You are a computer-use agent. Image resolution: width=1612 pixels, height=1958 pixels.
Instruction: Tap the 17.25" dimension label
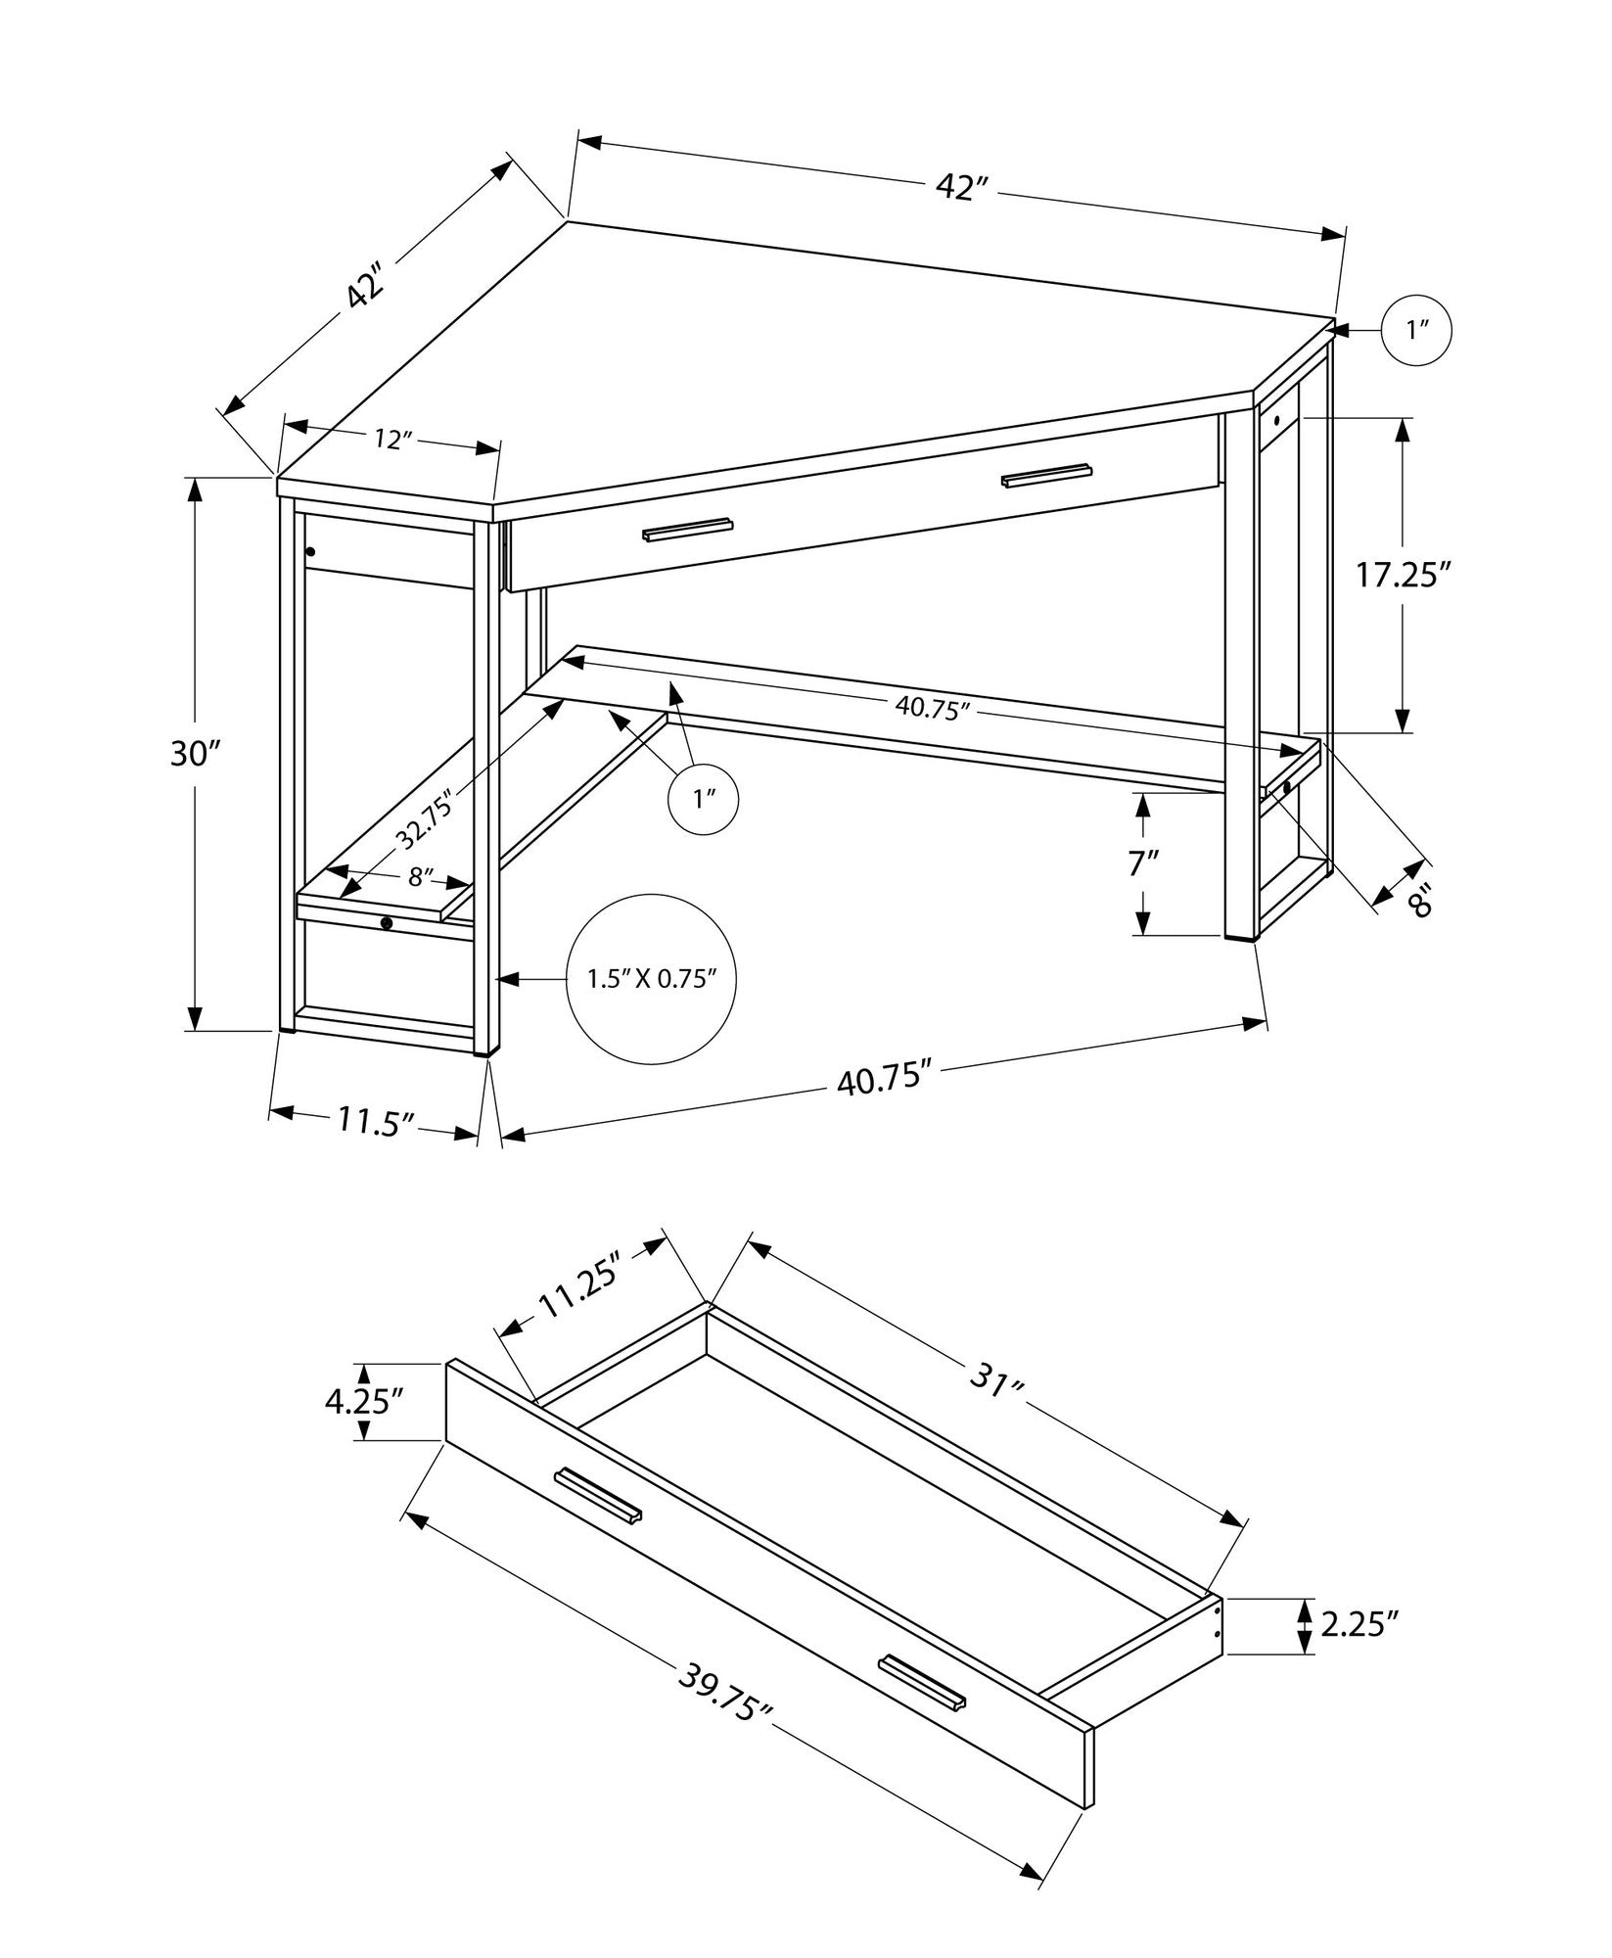coord(1402,575)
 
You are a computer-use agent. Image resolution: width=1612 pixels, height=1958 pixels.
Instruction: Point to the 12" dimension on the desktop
coord(390,441)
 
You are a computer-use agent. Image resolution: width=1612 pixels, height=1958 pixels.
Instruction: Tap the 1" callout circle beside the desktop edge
coord(1416,331)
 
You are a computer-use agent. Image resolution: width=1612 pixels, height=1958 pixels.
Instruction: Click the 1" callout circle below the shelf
coord(702,800)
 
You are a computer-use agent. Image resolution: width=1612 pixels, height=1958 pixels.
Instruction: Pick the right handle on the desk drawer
coord(1046,474)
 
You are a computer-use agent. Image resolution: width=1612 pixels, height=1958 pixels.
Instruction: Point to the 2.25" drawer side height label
coord(1357,1625)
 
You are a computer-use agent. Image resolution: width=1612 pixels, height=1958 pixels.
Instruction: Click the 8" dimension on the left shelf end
coord(421,877)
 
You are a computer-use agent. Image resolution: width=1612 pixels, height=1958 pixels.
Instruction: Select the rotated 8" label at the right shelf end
coord(1419,899)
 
